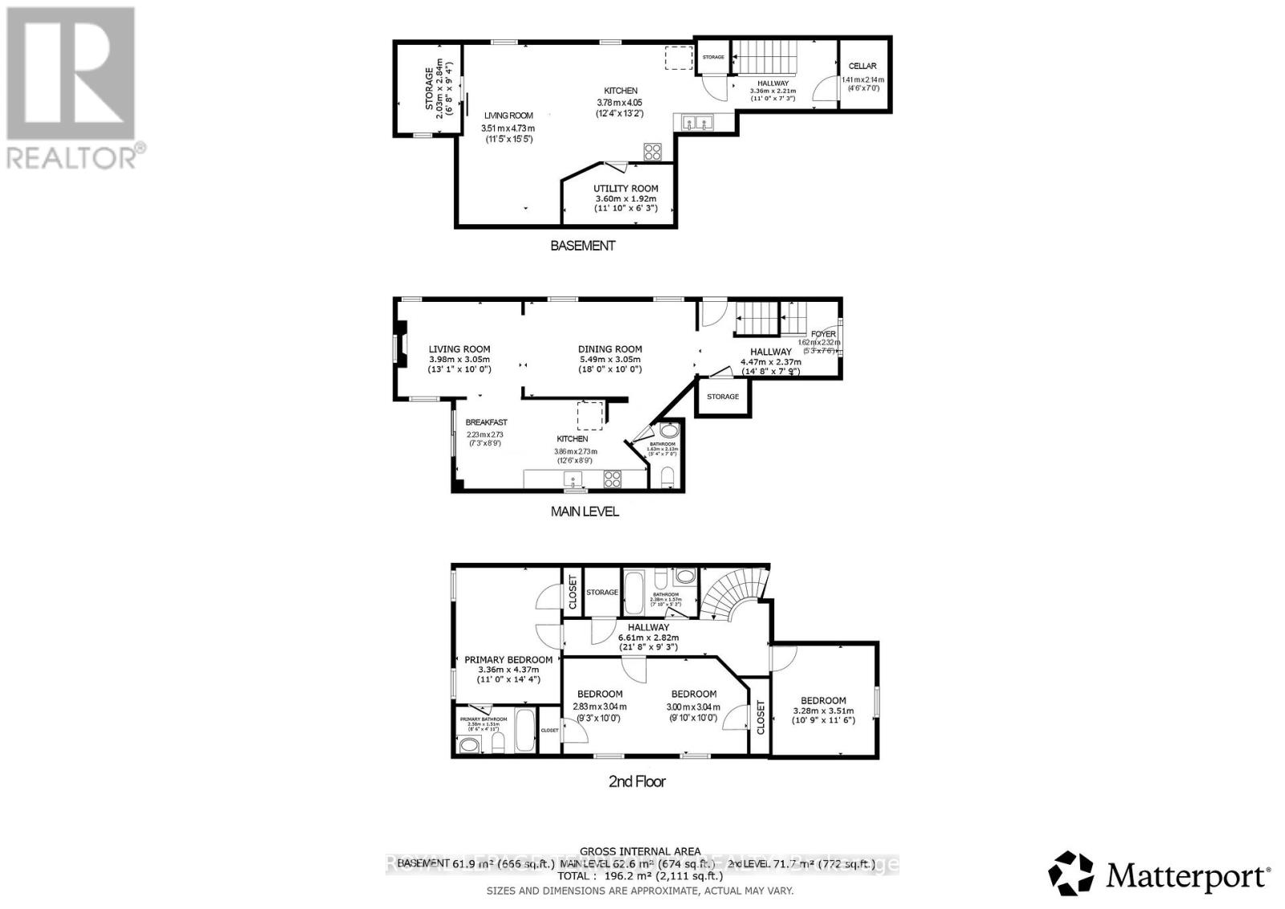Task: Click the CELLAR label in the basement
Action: (x=863, y=67)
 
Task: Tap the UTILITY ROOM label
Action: (x=626, y=189)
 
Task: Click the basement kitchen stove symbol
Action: (x=652, y=152)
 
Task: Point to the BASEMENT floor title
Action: (x=582, y=246)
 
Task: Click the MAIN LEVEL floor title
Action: (x=585, y=511)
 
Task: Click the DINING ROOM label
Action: (x=610, y=349)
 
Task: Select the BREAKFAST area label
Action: (x=487, y=422)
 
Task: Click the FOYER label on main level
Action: (x=823, y=334)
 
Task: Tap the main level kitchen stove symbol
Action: (x=613, y=479)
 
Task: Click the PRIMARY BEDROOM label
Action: (x=508, y=660)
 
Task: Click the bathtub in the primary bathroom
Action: (x=524, y=731)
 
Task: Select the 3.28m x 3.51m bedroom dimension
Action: (x=823, y=711)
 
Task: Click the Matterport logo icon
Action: (x=1071, y=874)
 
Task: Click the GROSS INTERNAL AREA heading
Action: (x=640, y=851)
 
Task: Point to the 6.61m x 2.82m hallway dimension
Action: (x=648, y=638)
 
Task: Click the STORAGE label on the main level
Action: (x=723, y=397)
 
